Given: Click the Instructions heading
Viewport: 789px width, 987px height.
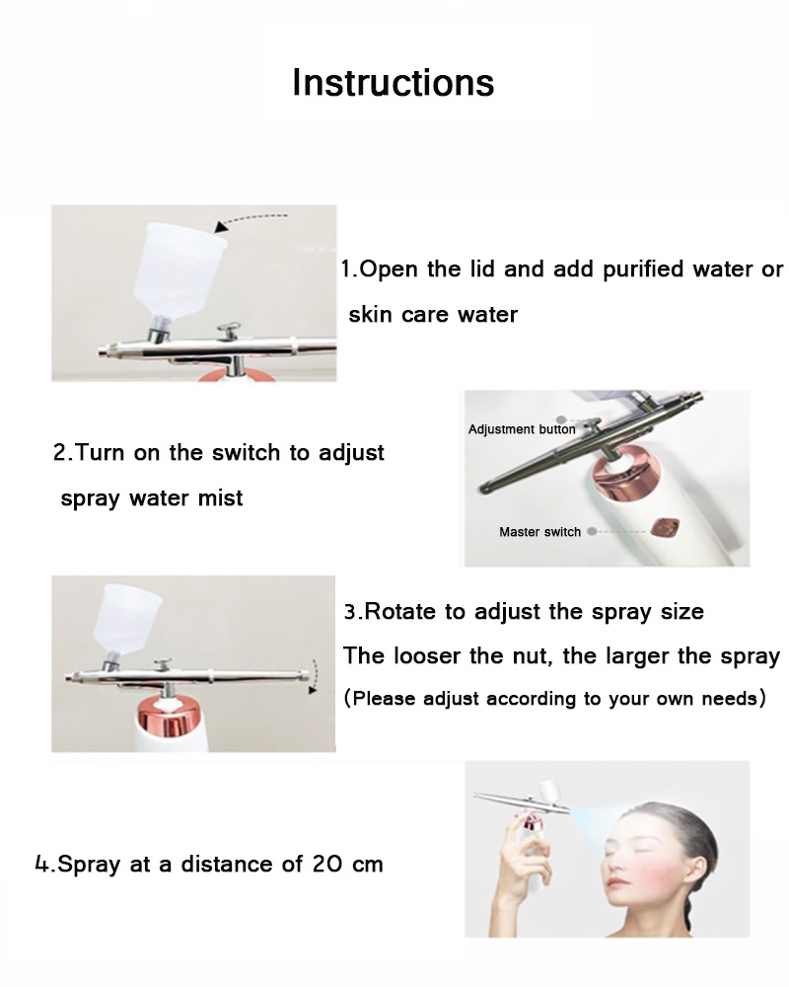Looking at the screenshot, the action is click(x=394, y=83).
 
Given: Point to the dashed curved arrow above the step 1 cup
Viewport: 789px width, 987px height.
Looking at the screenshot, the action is click(x=251, y=221).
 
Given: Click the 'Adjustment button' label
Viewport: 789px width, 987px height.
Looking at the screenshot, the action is click(x=522, y=429).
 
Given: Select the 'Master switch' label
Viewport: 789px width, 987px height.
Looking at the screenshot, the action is click(x=539, y=532).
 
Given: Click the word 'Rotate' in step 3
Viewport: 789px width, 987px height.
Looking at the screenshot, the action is click(x=400, y=611).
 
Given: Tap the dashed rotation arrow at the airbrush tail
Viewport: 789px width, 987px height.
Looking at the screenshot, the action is click(x=313, y=677).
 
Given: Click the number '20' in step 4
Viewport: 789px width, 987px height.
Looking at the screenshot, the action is click(x=327, y=865).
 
